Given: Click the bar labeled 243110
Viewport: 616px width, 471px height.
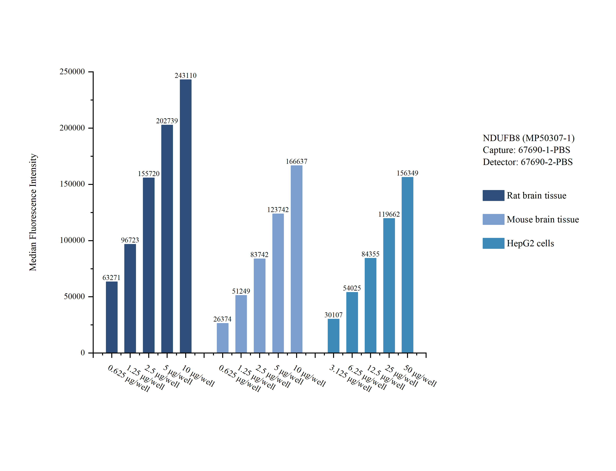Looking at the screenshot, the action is click(x=185, y=216).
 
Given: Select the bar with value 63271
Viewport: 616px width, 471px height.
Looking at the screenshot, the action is click(x=112, y=317).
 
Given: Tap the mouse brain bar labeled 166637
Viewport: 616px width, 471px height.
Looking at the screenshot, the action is click(x=297, y=259).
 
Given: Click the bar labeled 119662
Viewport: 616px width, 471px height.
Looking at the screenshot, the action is click(x=389, y=285).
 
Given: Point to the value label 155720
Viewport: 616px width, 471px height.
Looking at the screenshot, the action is click(x=148, y=174).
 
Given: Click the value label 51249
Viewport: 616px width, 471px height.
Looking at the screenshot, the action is click(x=241, y=291).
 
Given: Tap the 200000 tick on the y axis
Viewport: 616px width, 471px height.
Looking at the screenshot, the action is click(x=72, y=128).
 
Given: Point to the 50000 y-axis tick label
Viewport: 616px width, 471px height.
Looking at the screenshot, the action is click(x=74, y=297).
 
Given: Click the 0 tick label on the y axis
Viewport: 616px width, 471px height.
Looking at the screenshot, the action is click(x=83, y=353).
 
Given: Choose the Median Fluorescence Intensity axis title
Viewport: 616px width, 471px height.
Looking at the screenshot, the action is click(x=33, y=212).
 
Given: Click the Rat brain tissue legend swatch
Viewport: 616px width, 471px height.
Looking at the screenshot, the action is click(x=493, y=195).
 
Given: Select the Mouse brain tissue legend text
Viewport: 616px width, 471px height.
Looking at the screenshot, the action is click(x=543, y=220).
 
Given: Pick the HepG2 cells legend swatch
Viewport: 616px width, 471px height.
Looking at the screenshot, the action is click(x=493, y=243).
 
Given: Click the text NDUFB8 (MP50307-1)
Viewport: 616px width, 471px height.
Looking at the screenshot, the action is click(x=528, y=138).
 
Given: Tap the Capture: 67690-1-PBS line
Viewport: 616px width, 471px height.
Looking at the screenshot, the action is click(x=526, y=150).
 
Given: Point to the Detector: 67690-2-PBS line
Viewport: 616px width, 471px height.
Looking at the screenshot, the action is click(x=528, y=162).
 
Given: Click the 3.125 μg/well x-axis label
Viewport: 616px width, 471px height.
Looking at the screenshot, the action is click(x=350, y=378).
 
